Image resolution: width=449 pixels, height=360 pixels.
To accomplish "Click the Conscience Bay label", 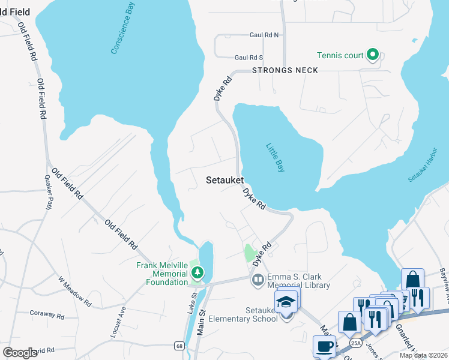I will pos(123,28).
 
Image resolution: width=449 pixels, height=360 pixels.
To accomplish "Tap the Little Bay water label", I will pos(276,158).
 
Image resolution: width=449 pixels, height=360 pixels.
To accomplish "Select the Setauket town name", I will pos(224,179).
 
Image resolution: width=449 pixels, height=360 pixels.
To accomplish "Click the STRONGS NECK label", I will pos(285,70).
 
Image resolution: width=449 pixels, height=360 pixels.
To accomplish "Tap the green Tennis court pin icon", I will pos(373,56).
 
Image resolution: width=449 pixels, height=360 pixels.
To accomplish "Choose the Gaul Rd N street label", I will pos(264,35).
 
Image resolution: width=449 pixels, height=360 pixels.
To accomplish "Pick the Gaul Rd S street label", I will pos(249,58).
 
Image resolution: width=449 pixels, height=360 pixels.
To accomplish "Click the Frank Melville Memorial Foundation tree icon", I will pos(196,273).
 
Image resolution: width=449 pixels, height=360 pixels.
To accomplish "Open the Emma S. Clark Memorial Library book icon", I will pos(258,280).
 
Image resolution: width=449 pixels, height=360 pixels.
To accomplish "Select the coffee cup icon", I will pos(325,346).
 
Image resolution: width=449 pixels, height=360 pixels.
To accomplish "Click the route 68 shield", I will pos(179,346).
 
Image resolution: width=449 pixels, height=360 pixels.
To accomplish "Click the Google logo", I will pos(20,353).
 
